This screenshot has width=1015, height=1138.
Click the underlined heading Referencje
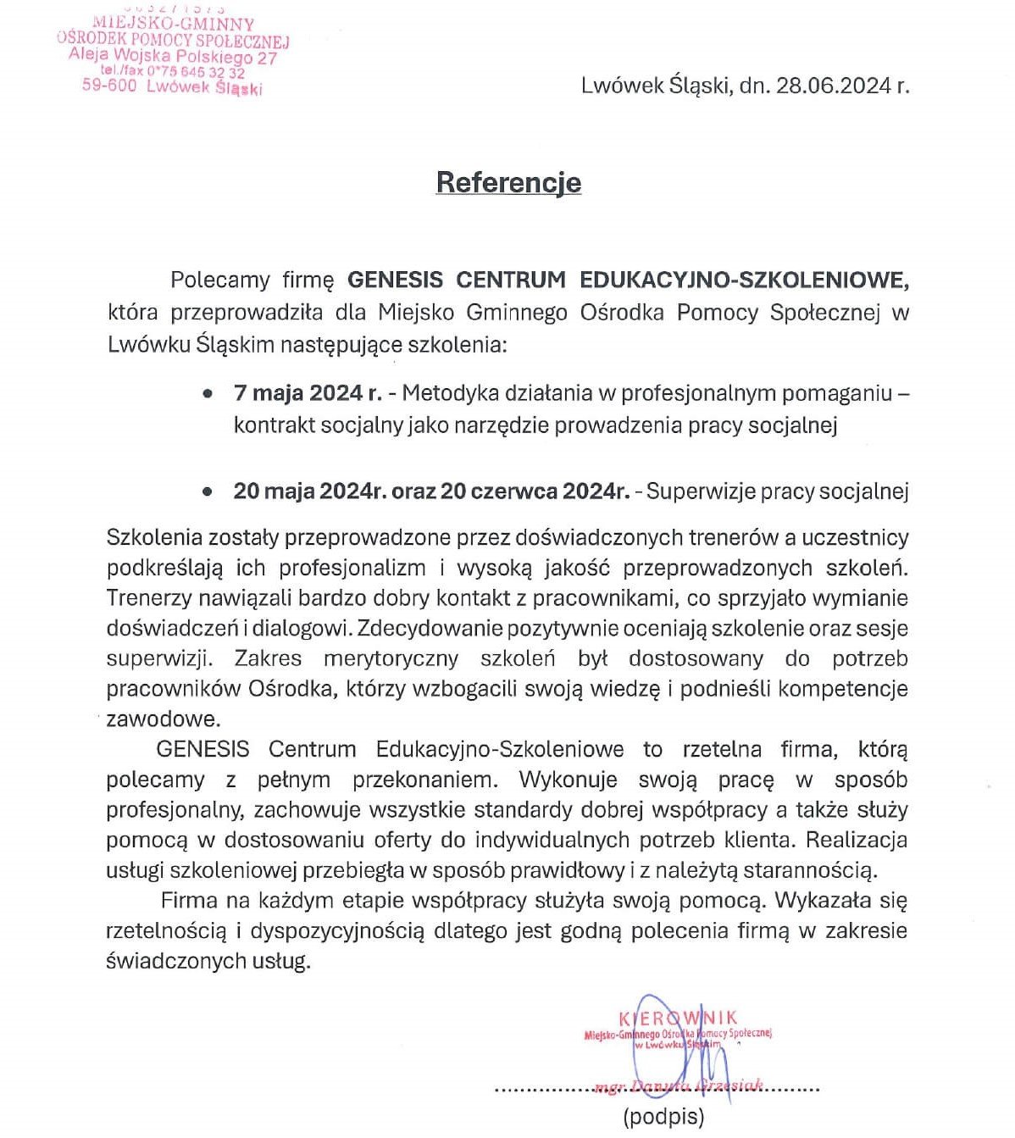tap(508, 182)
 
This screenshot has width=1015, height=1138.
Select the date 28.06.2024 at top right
tap(829, 86)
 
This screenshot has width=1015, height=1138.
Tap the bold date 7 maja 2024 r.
tap(308, 393)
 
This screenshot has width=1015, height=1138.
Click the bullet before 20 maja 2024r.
tap(208, 491)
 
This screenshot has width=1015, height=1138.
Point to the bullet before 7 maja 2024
tap(208, 394)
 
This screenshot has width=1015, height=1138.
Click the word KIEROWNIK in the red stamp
tap(678, 1018)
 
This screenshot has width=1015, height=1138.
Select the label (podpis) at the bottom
tap(663, 1117)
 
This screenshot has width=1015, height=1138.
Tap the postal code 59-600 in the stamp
tap(108, 85)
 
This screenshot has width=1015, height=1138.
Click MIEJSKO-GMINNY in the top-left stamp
tap(173, 24)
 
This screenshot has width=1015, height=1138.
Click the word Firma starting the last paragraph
tap(189, 901)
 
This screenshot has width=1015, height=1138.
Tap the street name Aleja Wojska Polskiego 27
tap(173, 57)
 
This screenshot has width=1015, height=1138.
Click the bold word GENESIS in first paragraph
tap(396, 280)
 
